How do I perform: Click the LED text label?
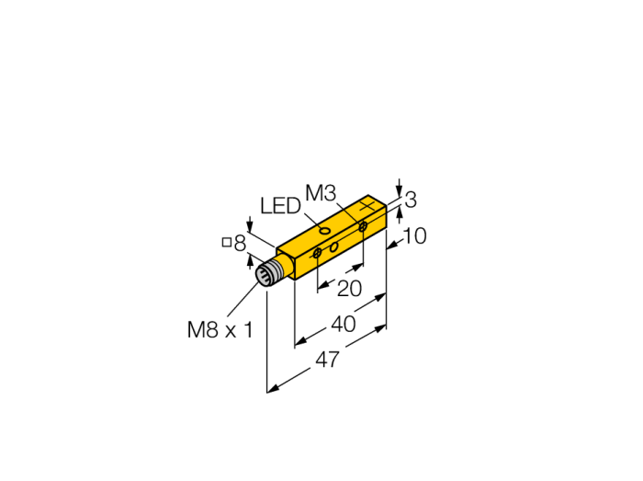[280, 206]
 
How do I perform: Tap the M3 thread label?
[321, 193]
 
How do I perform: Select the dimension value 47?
[327, 360]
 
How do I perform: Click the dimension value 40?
[344, 325]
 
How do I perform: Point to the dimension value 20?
[349, 289]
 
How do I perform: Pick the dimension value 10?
[415, 236]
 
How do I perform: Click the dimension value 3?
[411, 200]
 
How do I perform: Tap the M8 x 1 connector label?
[220, 329]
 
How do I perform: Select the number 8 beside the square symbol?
[240, 244]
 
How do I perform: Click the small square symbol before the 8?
[226, 243]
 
